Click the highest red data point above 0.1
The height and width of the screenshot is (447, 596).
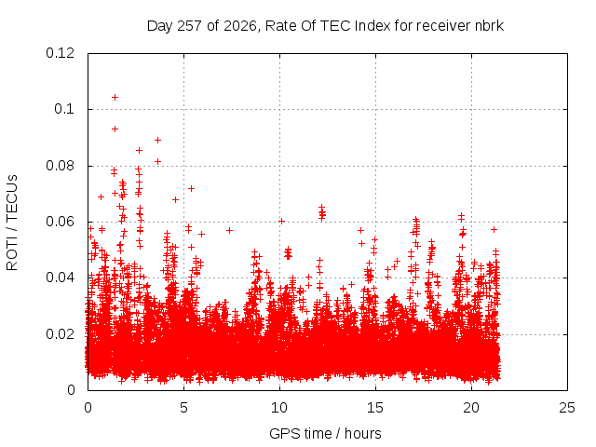pyautogui.click(x=115, y=97)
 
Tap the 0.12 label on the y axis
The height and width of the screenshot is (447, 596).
pyautogui.click(x=60, y=53)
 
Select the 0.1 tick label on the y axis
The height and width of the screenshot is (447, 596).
pyautogui.click(x=64, y=109)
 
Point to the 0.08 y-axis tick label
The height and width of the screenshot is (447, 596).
pyautogui.click(x=60, y=166)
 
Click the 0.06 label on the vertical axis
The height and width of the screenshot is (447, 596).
pyautogui.click(x=60, y=222)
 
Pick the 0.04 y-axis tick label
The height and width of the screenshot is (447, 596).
pyautogui.click(x=60, y=278)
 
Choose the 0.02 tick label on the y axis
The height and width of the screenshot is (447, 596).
pyautogui.click(x=60, y=334)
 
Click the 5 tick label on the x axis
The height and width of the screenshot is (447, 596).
pyautogui.click(x=184, y=408)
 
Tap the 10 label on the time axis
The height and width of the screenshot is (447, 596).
pyautogui.click(x=279, y=408)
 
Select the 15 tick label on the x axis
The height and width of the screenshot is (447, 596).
pyautogui.click(x=375, y=408)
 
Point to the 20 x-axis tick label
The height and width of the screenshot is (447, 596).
pyautogui.click(x=471, y=408)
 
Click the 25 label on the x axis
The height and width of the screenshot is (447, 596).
pyautogui.click(x=567, y=408)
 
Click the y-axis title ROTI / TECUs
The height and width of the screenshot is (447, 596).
pyautogui.click(x=12, y=223)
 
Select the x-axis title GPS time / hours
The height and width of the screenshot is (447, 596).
pyautogui.click(x=325, y=433)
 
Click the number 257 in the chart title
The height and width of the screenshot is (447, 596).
pyautogui.click(x=189, y=26)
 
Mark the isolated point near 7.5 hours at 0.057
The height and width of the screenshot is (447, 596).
pyautogui.click(x=229, y=230)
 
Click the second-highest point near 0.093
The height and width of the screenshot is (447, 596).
pyautogui.click(x=115, y=129)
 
